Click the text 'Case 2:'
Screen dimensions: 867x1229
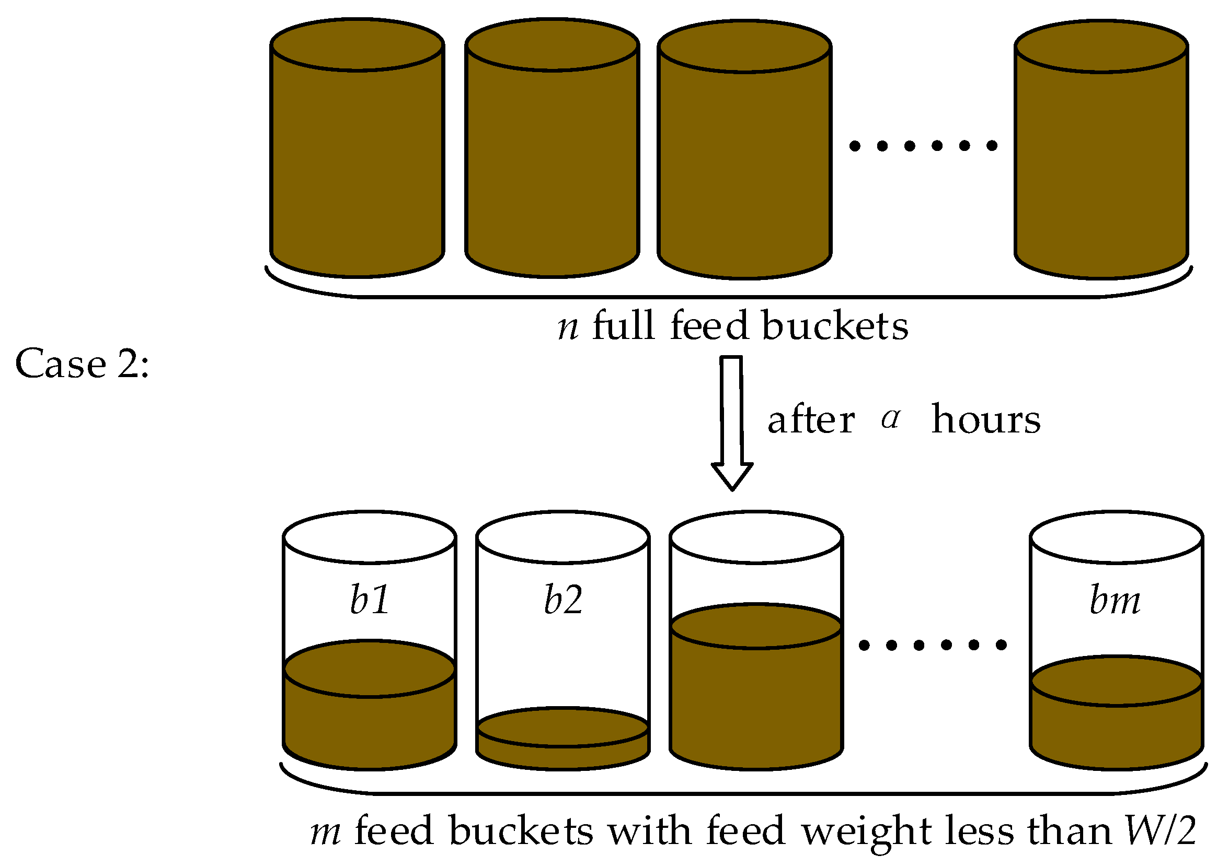point(82,364)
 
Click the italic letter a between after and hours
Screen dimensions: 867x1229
point(891,418)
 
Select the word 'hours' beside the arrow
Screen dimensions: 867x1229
point(986,419)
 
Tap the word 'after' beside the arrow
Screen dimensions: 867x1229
point(811,419)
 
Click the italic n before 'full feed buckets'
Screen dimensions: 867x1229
point(568,327)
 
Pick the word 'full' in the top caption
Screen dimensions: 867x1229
point(624,325)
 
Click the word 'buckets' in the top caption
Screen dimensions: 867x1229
point(835,325)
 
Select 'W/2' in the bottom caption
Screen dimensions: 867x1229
point(1161,830)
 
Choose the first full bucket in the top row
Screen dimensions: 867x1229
point(357,160)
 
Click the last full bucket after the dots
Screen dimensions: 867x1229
point(1101,160)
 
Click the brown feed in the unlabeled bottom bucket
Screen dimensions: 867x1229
point(756,701)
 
